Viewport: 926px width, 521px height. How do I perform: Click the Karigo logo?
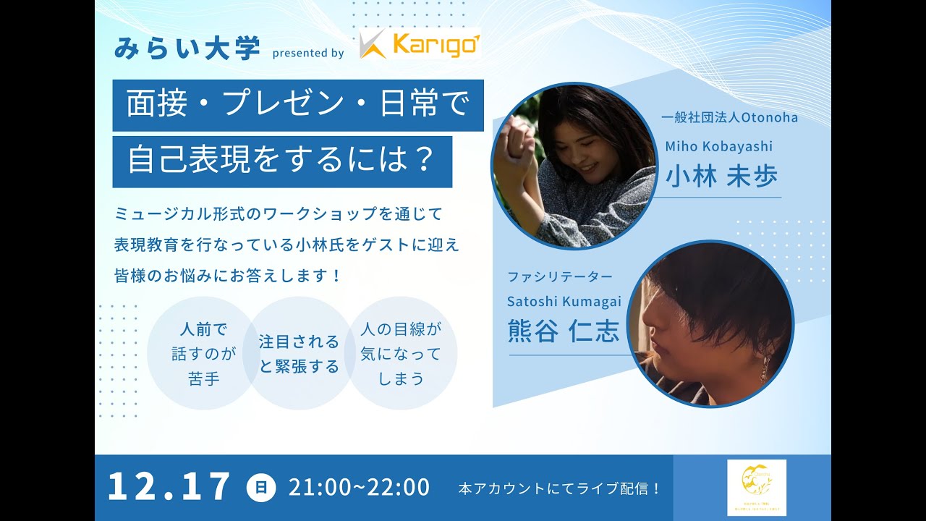[420, 45]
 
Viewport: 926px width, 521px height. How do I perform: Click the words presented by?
[307, 53]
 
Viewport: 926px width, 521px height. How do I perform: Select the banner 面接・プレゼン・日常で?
[297, 105]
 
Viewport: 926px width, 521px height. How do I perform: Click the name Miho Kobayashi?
[718, 146]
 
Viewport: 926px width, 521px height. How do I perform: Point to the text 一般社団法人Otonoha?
[729, 117]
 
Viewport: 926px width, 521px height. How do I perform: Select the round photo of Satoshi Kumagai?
[710, 323]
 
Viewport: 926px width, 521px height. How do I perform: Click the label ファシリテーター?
[559, 276]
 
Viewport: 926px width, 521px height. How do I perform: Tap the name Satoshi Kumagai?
[564, 302]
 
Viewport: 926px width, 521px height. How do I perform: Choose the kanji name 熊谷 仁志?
[564, 331]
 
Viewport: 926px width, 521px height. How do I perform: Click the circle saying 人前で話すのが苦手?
[204, 354]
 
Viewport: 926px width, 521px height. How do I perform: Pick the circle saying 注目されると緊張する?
[299, 354]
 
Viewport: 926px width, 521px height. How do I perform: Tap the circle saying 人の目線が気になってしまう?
[400, 354]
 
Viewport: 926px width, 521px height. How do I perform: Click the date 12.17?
[169, 487]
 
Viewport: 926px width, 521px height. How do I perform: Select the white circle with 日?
[260, 488]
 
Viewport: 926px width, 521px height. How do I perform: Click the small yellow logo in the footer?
[756, 487]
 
